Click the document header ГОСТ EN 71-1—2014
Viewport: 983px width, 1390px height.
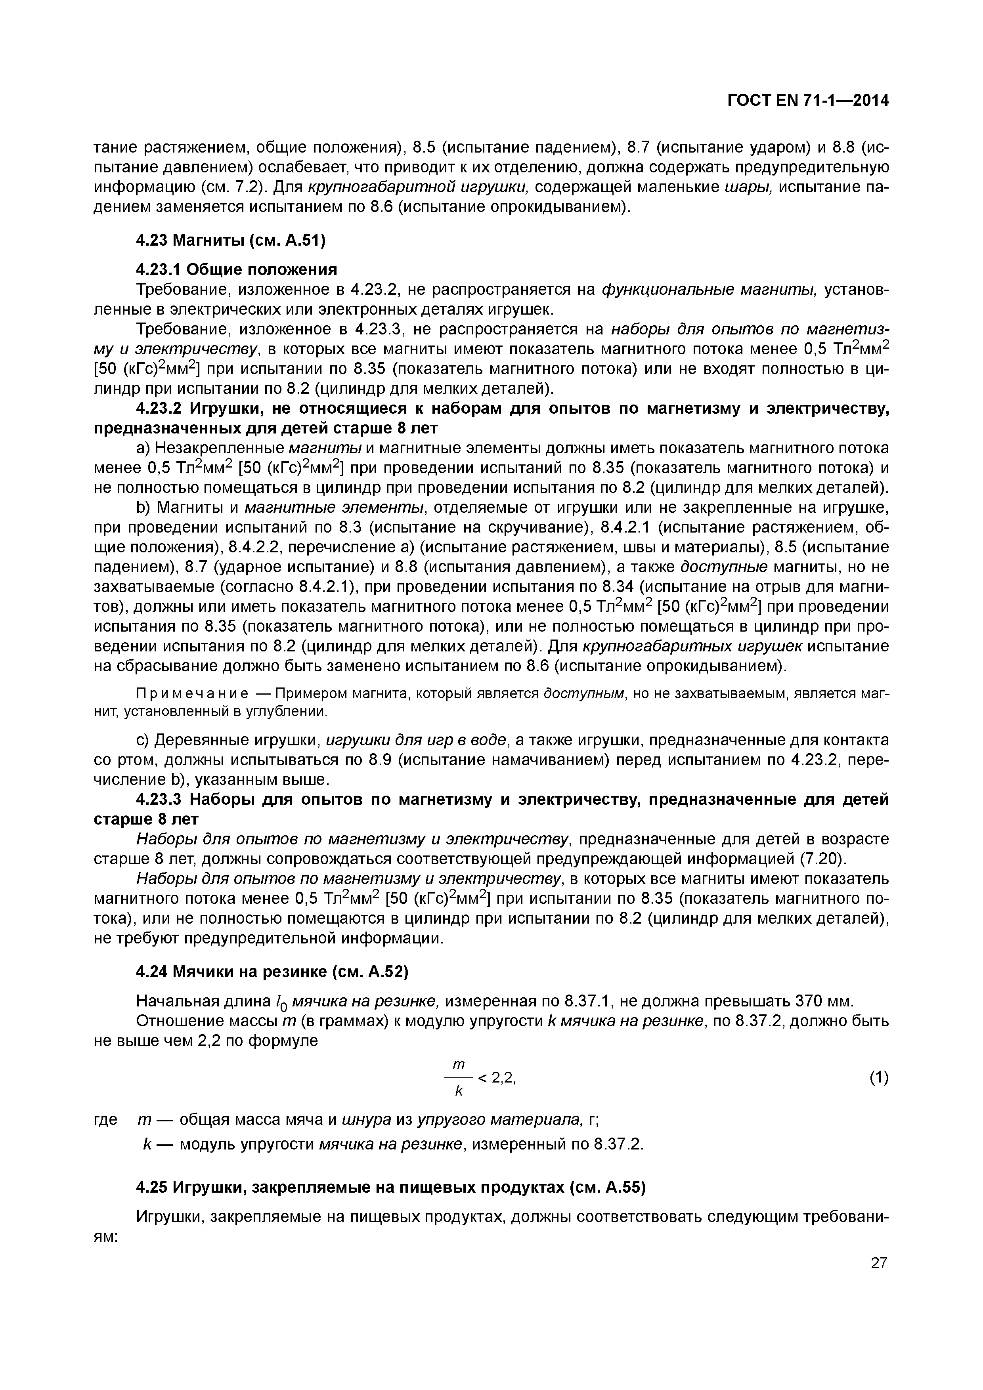(x=808, y=101)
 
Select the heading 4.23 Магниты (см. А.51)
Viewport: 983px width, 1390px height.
(x=231, y=241)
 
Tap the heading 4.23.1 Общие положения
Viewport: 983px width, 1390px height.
(x=236, y=269)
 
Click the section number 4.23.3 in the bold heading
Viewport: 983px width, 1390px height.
(x=159, y=800)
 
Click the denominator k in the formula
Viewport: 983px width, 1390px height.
(x=459, y=1091)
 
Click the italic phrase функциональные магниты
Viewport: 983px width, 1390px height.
(x=709, y=290)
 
